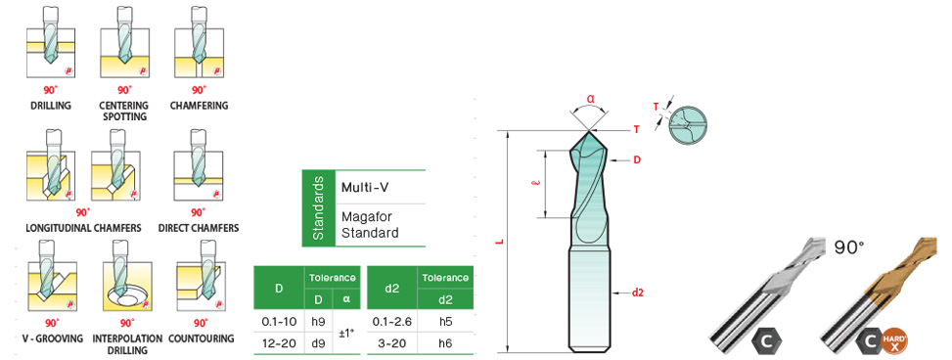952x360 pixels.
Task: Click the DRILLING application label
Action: point(50,105)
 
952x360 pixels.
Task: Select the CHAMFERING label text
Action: point(199,105)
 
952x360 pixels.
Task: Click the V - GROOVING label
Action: point(50,338)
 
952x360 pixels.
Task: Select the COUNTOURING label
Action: point(201,338)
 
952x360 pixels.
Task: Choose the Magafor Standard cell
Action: point(370,225)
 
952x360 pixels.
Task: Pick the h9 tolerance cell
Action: point(316,320)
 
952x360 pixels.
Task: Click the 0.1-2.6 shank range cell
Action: point(392,320)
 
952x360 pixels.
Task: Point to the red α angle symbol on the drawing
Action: point(590,98)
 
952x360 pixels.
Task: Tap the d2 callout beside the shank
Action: point(638,292)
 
